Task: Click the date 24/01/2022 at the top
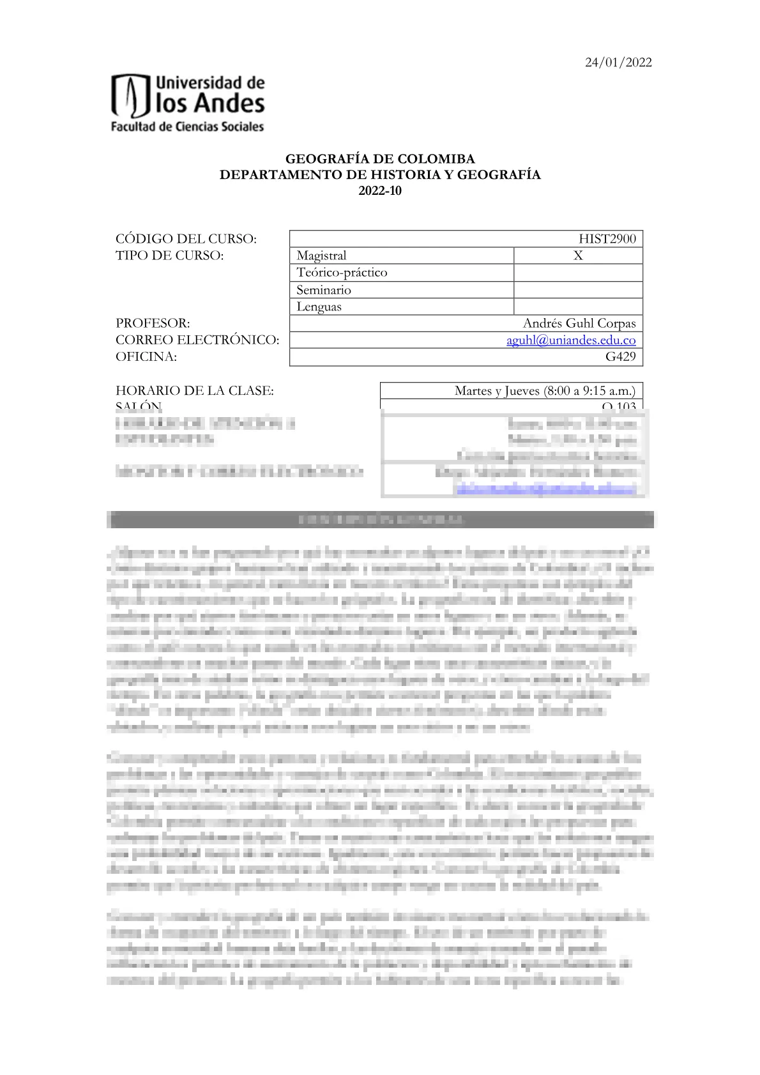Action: (618, 63)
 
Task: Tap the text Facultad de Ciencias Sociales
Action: (187, 126)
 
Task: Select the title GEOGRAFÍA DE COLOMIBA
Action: (379, 159)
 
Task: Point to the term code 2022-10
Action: (379, 190)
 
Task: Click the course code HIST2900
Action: (607, 239)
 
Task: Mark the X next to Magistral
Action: (578, 255)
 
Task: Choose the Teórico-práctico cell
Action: (342, 273)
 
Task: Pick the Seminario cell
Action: (324, 290)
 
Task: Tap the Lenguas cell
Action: (319, 307)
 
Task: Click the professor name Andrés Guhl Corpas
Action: (579, 323)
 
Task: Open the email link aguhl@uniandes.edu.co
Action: (571, 340)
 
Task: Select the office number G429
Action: (620, 357)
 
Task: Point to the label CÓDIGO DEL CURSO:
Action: (186, 239)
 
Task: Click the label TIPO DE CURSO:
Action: (170, 255)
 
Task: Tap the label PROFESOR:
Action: (153, 323)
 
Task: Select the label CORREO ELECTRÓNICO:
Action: (197, 340)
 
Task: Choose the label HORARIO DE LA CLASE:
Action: (195, 391)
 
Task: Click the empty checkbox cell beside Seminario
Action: (578, 290)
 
